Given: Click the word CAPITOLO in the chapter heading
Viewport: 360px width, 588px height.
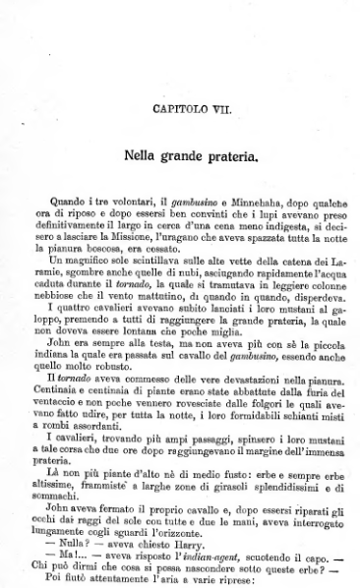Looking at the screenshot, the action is click(x=172, y=102).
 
